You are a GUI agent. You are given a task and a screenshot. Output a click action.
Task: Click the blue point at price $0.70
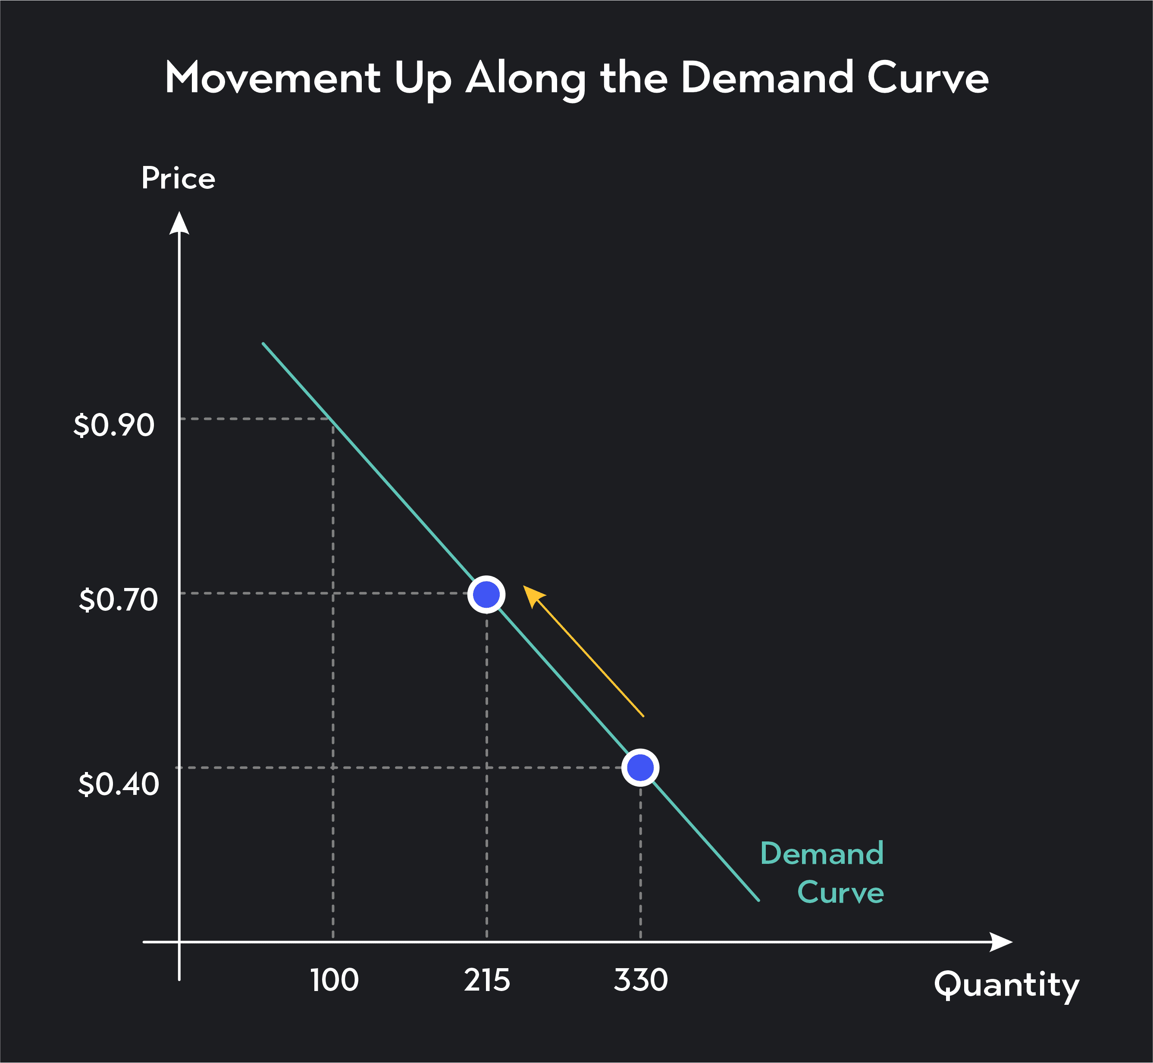[486, 594]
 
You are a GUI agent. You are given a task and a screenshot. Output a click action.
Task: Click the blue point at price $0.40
[640, 767]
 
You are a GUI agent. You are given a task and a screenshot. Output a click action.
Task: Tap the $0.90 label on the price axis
[114, 425]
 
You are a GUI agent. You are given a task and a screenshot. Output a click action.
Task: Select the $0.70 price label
[118, 600]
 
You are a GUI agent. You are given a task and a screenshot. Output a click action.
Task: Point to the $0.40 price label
[118, 784]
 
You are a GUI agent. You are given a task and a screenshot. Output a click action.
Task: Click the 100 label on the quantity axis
[334, 980]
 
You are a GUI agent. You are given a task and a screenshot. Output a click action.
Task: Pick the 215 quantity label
[487, 980]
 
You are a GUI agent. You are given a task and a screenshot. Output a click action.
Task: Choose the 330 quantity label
[640, 980]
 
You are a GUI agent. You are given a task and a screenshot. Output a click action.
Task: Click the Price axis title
[179, 178]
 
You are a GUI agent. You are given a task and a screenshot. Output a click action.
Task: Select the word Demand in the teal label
[821, 853]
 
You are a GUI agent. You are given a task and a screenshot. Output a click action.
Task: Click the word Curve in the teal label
[840, 892]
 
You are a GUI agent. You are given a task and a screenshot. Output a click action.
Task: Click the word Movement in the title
[272, 78]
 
